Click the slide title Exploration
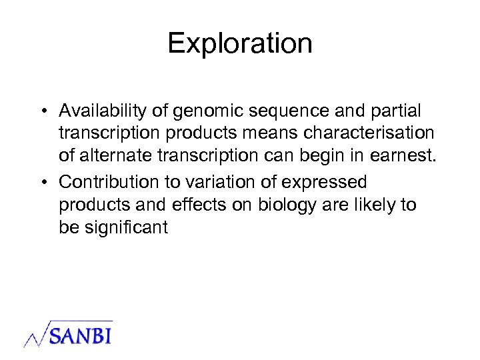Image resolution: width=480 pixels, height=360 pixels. point(240,44)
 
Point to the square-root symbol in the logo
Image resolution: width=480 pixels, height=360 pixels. point(37,333)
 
